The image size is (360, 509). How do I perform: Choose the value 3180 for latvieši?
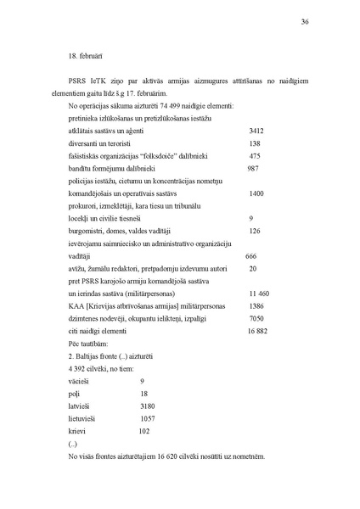point(149,406)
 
